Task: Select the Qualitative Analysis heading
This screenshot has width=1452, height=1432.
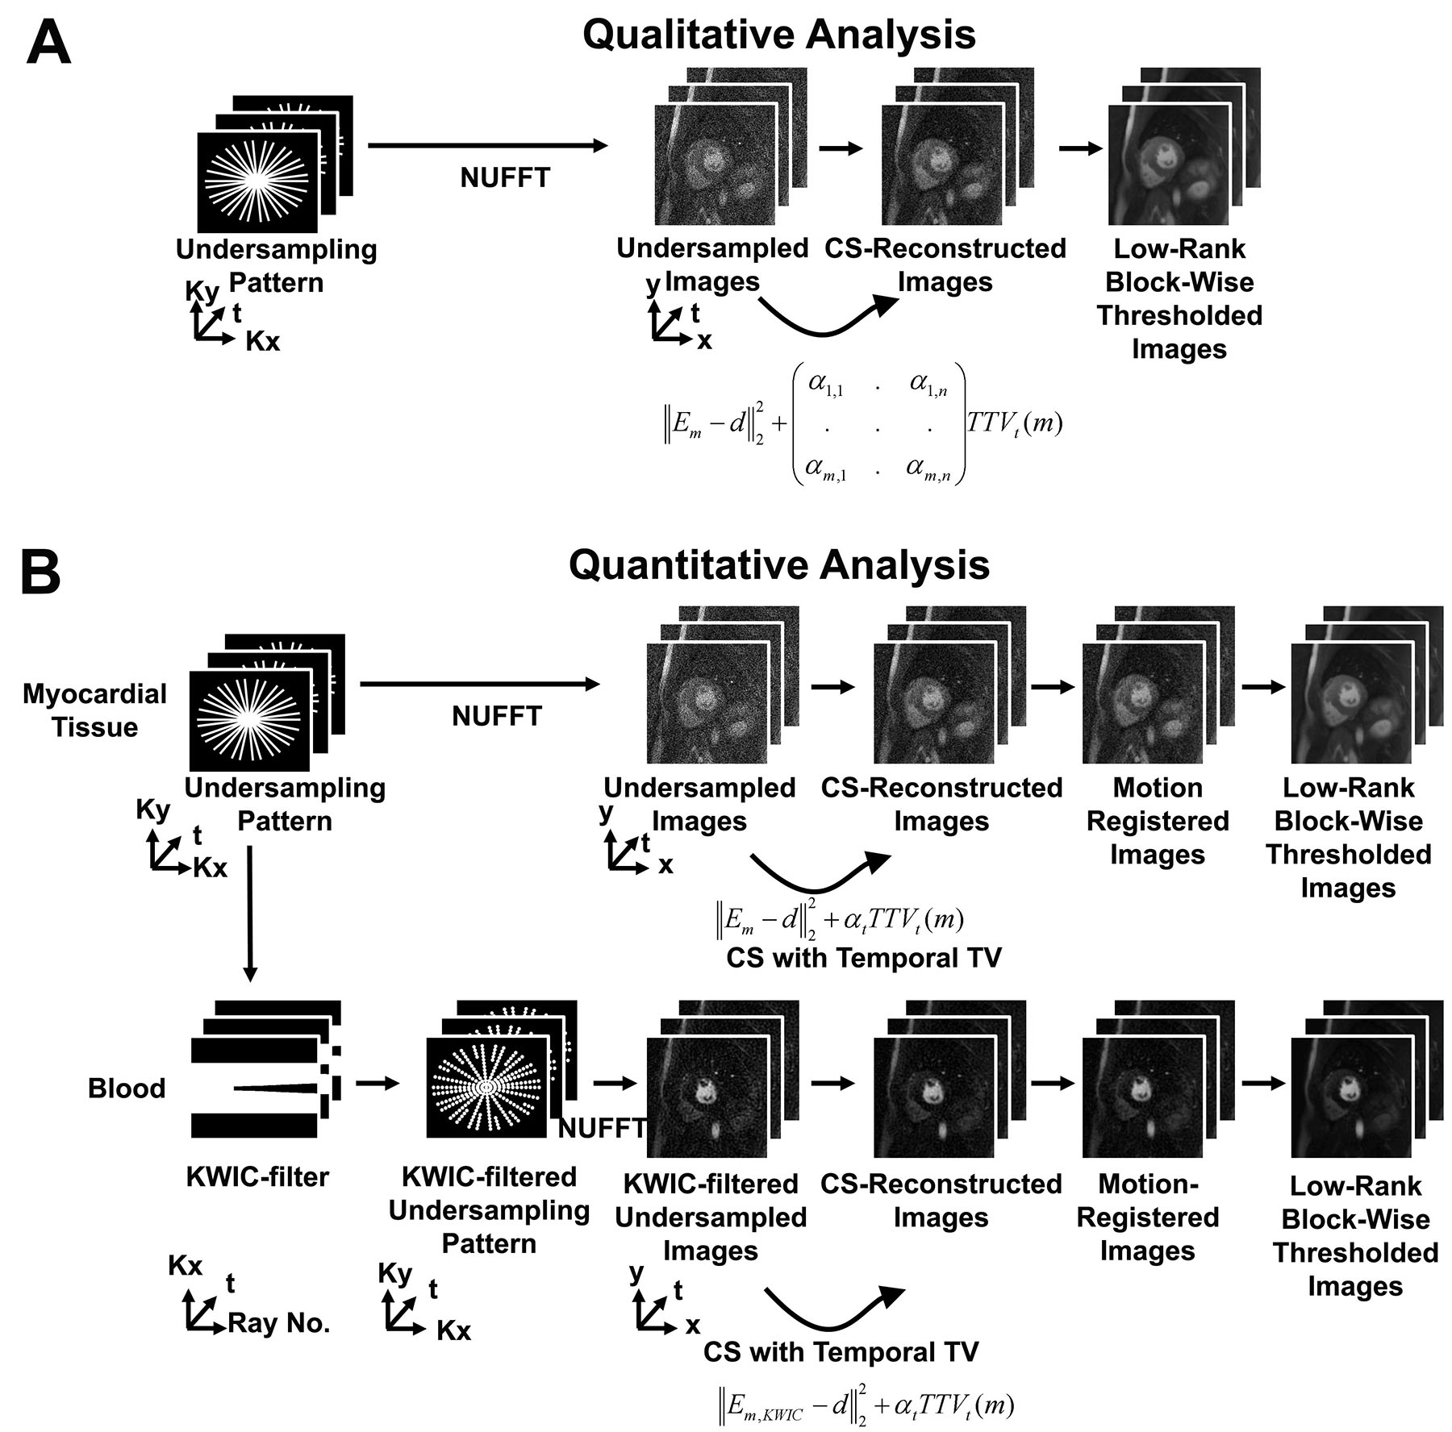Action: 778,35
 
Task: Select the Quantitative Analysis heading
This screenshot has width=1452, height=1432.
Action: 778,565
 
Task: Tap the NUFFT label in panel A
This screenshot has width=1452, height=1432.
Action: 505,177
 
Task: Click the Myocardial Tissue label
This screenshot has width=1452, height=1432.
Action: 94,710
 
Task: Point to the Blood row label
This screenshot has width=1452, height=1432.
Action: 127,1089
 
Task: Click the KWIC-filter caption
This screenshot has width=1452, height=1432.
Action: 257,1177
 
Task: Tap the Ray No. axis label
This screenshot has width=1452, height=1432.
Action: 279,1323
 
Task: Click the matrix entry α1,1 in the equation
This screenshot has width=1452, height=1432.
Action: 826,386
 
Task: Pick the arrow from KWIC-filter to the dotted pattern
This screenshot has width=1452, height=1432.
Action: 378,1084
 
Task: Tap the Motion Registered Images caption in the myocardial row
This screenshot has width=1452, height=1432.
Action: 1158,821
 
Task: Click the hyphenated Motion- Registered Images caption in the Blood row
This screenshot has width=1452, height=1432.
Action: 1148,1218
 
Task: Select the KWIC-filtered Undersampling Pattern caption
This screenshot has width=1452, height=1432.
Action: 489,1210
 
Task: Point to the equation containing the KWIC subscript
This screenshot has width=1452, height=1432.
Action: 866,1406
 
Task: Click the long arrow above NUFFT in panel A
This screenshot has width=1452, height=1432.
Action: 487,146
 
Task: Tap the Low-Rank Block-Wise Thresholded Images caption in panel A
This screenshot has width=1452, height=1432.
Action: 1179,298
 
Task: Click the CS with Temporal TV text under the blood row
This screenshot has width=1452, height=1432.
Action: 841,1352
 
